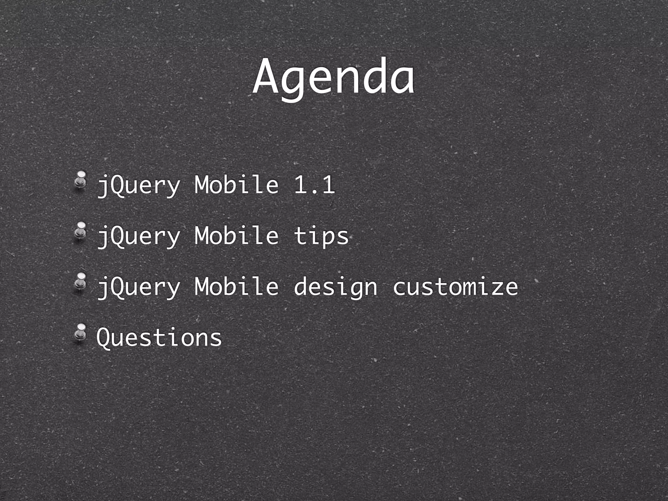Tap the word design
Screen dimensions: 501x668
click(x=335, y=287)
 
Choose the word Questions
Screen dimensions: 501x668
click(x=159, y=337)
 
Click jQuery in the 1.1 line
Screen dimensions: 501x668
click(x=139, y=186)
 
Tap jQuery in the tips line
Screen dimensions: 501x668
click(x=139, y=237)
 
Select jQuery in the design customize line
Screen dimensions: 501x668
click(x=139, y=288)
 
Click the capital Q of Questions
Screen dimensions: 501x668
click(x=105, y=337)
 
